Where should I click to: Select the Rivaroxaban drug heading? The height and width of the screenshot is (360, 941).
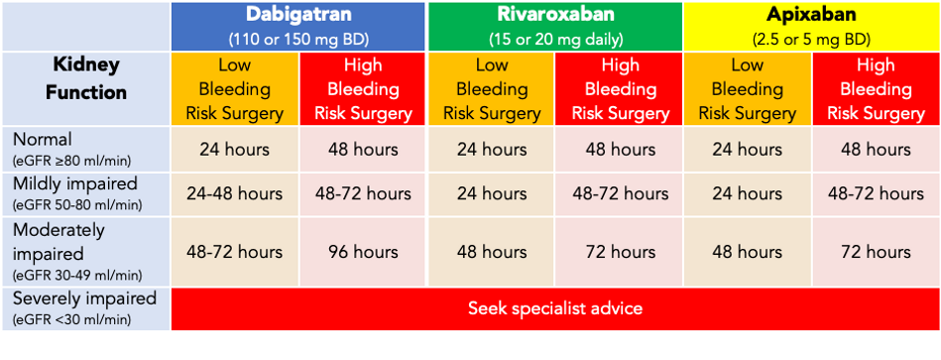coord(554,16)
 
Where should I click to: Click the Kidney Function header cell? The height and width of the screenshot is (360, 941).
coord(87,78)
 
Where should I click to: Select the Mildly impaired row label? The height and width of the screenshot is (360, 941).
coord(61,183)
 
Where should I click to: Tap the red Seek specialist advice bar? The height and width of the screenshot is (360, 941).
coord(554,308)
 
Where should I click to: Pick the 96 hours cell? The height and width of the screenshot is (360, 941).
coord(363,252)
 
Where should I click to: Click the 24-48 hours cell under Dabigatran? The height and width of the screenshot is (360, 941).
coord(234,194)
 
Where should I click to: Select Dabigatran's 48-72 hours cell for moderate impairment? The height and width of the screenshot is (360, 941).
coord(234,252)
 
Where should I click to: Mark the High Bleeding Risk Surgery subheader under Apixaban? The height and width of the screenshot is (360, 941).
coord(876,89)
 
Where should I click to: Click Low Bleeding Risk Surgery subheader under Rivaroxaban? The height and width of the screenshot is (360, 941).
coord(491,89)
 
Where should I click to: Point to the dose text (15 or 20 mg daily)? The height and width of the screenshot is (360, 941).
coord(554,40)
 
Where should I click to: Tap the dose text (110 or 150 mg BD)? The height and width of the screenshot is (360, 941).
coord(298,40)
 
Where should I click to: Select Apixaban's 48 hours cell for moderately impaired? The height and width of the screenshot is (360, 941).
coord(747,252)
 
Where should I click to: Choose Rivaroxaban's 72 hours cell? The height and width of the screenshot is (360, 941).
coord(619,252)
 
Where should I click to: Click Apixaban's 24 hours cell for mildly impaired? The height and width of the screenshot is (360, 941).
coord(747,194)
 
